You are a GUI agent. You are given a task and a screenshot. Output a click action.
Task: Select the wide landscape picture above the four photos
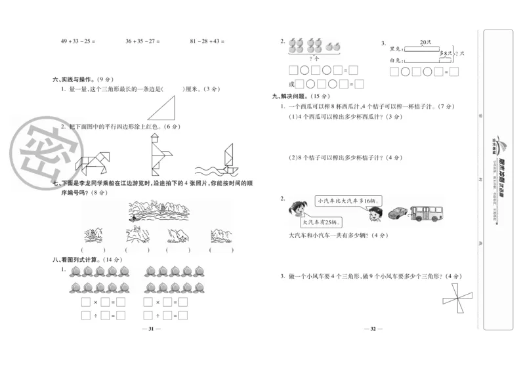tap(156, 210)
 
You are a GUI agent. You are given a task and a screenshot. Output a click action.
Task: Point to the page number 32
tap(372, 329)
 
